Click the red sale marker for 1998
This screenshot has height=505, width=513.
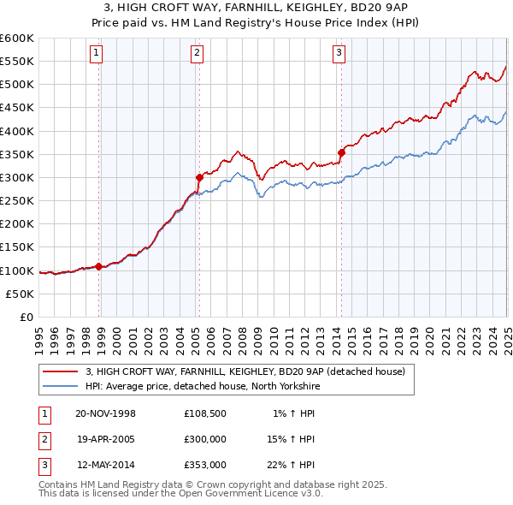tap(99, 266)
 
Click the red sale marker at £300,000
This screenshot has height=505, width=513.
tap(199, 177)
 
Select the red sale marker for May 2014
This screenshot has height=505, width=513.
tap(341, 152)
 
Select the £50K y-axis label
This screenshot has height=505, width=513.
tap(21, 294)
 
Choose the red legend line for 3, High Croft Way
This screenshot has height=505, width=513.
tap(60, 371)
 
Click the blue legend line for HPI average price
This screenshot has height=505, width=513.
tap(60, 386)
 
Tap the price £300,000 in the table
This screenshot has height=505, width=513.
tap(204, 440)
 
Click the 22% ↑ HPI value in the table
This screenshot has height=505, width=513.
tap(290, 466)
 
